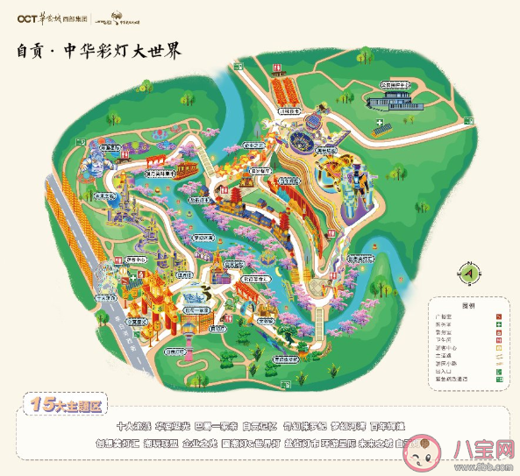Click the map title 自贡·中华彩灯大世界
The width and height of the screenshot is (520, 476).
point(99,50)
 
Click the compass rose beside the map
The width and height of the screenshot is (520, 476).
point(467,273)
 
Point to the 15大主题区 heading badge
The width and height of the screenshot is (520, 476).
point(67,405)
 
